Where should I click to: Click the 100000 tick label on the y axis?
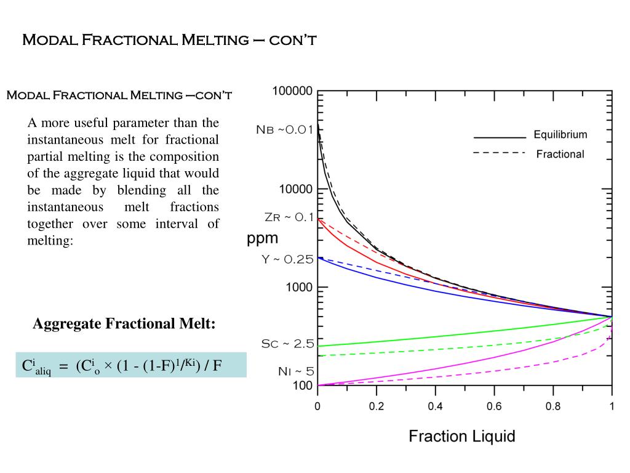pos(292,91)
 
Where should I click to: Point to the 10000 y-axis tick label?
pos(295,189)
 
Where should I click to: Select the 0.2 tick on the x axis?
pos(376,406)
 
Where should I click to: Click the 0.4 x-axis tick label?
pos(435,406)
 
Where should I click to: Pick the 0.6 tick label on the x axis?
pos(494,406)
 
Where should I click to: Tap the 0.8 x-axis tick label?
pos(552,406)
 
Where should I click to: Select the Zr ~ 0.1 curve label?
pos(289,217)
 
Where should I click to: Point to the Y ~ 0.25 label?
pos(287,259)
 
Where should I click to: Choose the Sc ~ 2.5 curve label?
pos(287,344)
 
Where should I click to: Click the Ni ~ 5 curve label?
pos(296,371)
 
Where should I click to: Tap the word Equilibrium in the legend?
pos(560,135)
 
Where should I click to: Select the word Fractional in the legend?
pos(560,154)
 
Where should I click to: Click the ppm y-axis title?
pos(263,238)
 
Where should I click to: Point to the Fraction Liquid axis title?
pos(461,437)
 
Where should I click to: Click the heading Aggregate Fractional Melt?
pos(124,323)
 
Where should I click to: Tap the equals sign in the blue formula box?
pos(63,366)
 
